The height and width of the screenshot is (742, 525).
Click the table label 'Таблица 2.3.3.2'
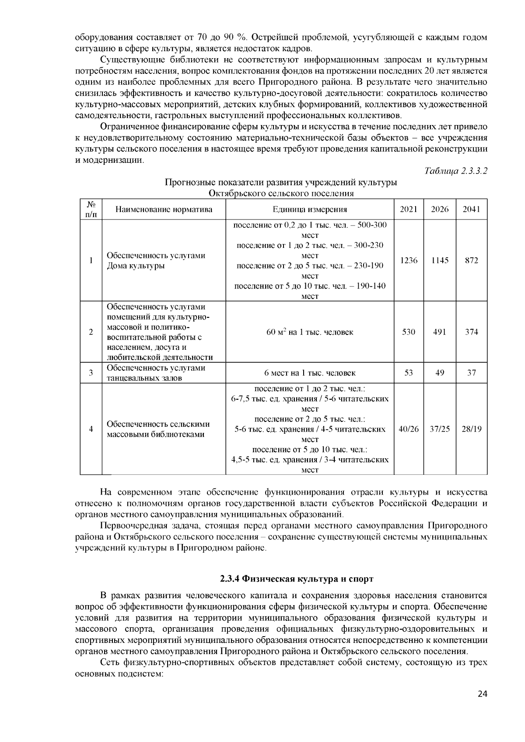click(x=456, y=171)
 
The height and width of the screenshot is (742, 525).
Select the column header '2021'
click(x=409, y=209)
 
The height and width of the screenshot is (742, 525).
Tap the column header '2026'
click(x=440, y=209)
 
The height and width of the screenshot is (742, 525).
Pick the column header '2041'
click(x=472, y=209)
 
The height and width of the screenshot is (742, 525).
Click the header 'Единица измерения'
click(x=310, y=209)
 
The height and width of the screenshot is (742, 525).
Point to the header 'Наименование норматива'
click(x=164, y=209)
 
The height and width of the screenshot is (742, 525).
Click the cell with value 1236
click(x=409, y=260)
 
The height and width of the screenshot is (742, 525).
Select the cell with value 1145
click(x=440, y=260)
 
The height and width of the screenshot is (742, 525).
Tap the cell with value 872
click(x=472, y=260)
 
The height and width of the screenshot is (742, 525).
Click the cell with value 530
click(x=409, y=332)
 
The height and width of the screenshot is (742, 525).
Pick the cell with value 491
click(x=440, y=332)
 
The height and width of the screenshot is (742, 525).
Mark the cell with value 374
click(x=472, y=332)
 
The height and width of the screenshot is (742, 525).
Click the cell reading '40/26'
click(x=409, y=429)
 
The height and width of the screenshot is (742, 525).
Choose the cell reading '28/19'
click(x=472, y=429)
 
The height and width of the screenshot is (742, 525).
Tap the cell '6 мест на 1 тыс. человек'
click(x=310, y=373)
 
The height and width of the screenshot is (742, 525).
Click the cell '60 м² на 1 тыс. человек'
click(x=310, y=332)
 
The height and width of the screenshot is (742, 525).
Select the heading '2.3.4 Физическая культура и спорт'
click(x=297, y=579)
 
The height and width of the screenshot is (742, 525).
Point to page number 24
click(x=483, y=706)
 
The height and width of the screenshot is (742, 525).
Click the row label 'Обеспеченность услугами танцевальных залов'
click(x=156, y=373)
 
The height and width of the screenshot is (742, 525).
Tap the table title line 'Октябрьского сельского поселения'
click(x=281, y=193)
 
